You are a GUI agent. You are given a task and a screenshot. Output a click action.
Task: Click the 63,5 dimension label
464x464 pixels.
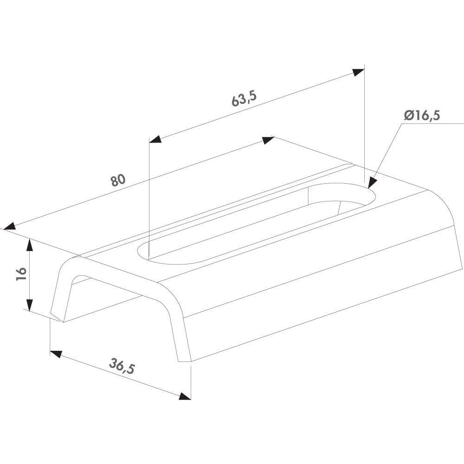[x=244, y=98]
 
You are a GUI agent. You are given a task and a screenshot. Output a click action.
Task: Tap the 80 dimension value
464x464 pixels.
[x=118, y=180]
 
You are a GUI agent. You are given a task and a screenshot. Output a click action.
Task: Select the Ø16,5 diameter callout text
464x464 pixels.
[x=422, y=115]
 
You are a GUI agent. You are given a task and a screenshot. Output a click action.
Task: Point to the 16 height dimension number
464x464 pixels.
[x=21, y=274]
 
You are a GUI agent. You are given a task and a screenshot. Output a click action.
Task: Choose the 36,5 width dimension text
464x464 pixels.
[x=122, y=366]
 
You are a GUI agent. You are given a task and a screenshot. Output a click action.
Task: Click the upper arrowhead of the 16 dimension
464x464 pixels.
[x=29, y=245]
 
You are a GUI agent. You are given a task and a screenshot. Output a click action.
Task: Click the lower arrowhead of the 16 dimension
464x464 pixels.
[x=29, y=305]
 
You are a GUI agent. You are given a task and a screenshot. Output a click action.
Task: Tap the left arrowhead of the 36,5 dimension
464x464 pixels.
[x=56, y=354]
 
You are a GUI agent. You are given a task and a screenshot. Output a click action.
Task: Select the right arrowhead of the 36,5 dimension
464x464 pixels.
[x=185, y=396]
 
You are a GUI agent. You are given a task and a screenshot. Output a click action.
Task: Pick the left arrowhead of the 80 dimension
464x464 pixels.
[x=9, y=226]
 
